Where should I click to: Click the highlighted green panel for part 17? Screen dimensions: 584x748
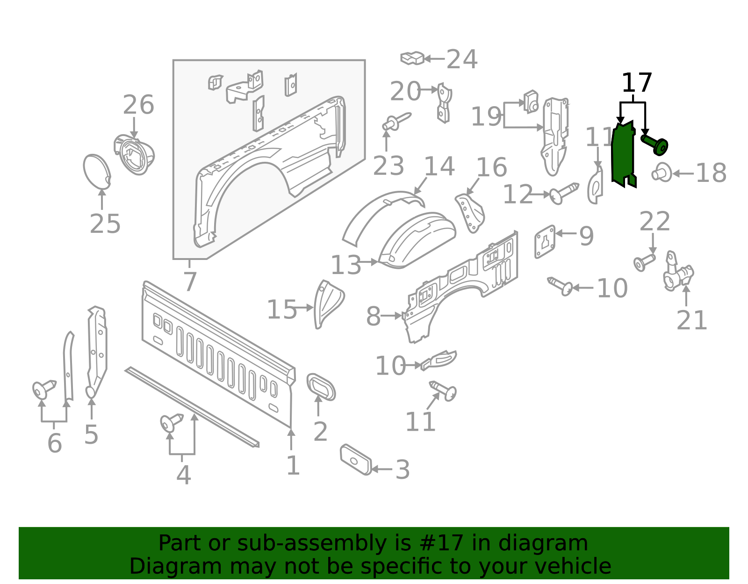point(623,154)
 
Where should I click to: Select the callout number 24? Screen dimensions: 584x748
point(462,60)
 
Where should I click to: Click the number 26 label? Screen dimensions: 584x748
point(138,105)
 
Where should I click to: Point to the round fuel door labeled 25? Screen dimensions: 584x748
point(97,172)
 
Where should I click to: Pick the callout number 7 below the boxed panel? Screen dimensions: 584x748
point(190,282)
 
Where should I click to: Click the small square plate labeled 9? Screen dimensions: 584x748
point(545,241)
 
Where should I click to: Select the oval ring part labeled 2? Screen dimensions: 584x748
point(321,387)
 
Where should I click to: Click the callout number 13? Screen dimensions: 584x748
point(346,266)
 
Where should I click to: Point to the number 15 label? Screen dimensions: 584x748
point(282,310)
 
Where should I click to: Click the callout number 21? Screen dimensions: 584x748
point(692,321)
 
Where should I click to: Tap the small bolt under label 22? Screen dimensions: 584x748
point(644,262)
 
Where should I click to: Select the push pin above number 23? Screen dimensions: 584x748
point(396,121)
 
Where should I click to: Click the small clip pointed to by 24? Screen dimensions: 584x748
point(412,58)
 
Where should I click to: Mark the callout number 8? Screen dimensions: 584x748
point(373,317)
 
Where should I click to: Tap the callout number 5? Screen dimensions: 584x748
point(91,435)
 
